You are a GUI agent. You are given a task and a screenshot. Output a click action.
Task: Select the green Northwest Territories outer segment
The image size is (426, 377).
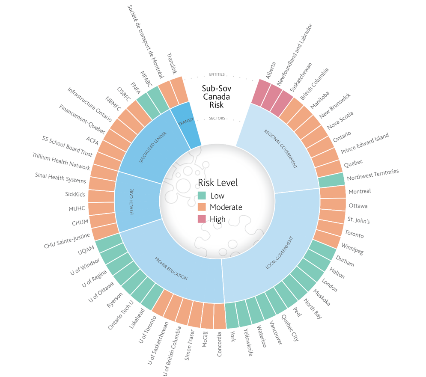pos(331,180)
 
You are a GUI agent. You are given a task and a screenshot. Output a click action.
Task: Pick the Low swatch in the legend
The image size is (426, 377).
pos(202,196)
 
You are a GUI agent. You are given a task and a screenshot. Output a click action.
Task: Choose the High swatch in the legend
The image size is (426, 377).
pos(202,219)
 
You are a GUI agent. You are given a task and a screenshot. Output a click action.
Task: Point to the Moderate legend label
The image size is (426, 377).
pos(226,208)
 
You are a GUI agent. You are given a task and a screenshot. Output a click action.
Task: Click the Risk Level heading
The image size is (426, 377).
pos(217,183)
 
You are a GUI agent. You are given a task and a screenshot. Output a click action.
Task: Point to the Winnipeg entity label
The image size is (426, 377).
pos(352,249)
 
